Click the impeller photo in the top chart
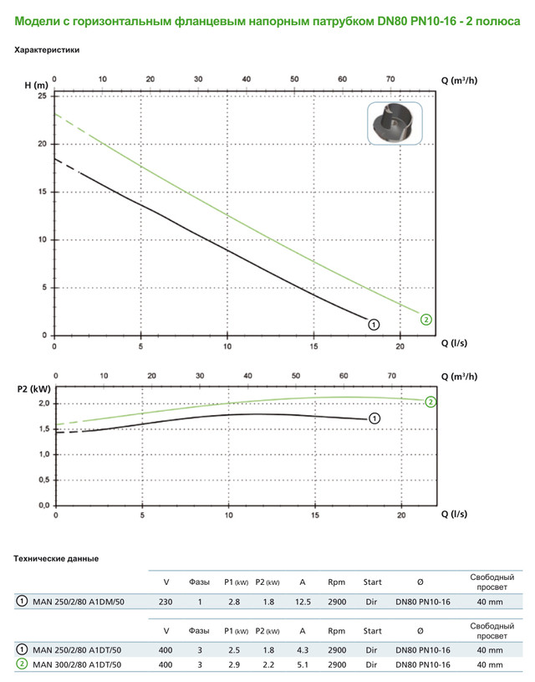(395, 125)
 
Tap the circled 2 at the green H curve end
(426, 319)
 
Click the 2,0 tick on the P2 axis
(44, 403)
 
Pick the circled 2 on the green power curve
(431, 402)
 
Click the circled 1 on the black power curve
(374, 418)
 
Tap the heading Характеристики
(47, 50)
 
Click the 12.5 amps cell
(302, 601)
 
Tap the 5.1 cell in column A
(302, 664)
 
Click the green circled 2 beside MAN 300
(20, 664)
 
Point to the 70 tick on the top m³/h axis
(390, 79)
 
